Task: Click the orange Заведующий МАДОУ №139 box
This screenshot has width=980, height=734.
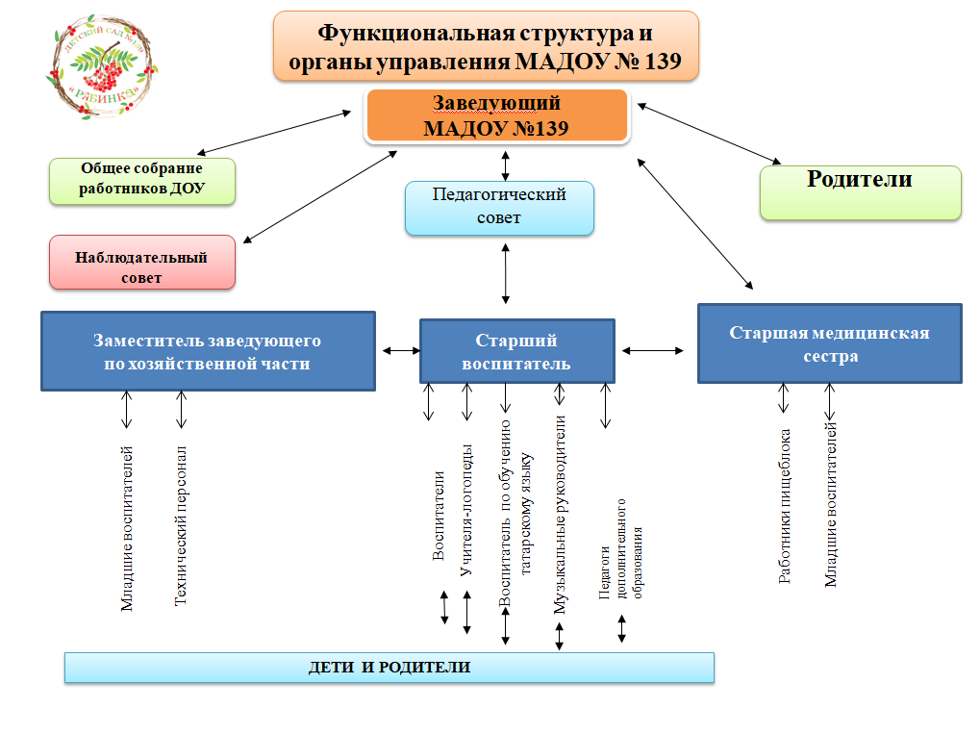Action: (x=496, y=115)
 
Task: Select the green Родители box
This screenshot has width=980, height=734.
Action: (x=860, y=191)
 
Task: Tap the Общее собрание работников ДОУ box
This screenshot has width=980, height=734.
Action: (x=141, y=180)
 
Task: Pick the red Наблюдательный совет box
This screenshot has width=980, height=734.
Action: (x=141, y=262)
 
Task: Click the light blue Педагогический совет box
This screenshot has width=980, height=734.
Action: (x=499, y=207)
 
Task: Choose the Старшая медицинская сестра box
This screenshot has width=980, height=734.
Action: (x=829, y=343)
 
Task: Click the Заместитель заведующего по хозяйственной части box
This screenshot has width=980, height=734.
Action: (x=207, y=351)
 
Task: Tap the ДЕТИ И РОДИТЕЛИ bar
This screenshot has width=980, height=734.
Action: (x=389, y=667)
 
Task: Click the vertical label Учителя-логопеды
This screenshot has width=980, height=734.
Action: (x=466, y=510)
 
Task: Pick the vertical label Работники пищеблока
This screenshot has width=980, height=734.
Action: (x=785, y=506)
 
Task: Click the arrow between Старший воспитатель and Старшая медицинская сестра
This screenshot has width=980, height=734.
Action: (x=652, y=350)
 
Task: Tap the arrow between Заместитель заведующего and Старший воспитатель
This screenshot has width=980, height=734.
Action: (x=397, y=350)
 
